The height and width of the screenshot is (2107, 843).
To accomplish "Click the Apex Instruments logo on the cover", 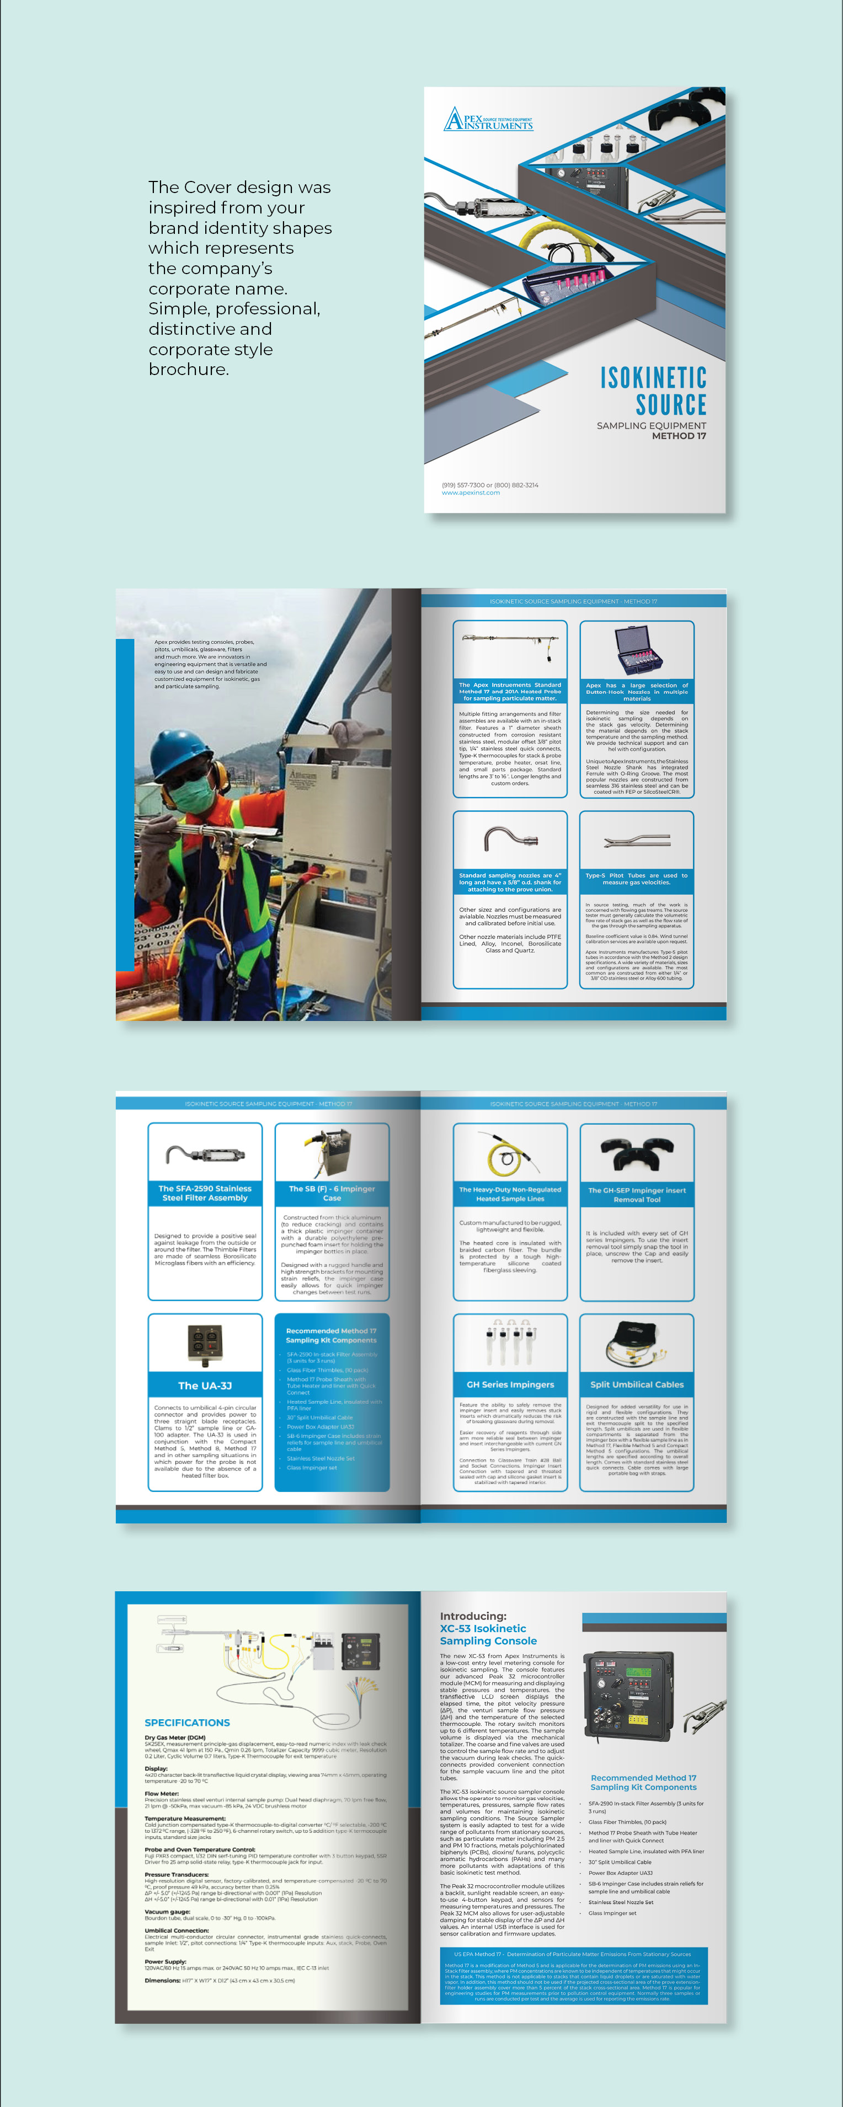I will click(488, 120).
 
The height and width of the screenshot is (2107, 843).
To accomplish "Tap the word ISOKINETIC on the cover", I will click(653, 378).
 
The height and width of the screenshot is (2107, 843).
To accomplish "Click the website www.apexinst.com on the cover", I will click(471, 493).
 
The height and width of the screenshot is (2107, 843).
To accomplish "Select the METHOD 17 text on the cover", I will click(679, 436).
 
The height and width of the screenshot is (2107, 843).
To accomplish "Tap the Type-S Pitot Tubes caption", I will click(637, 879).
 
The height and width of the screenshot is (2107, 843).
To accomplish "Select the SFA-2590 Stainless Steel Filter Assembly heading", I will click(205, 1192).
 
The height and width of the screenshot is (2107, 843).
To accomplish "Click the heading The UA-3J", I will click(205, 1386).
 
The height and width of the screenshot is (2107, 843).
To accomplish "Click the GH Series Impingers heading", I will click(510, 1385).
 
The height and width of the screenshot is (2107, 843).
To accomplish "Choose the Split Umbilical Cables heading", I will click(637, 1385).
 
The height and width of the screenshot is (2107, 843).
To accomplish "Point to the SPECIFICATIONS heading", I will click(188, 1722).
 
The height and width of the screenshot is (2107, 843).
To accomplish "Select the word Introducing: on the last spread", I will click(473, 1616).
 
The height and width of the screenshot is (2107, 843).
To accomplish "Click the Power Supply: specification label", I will click(166, 1961).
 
